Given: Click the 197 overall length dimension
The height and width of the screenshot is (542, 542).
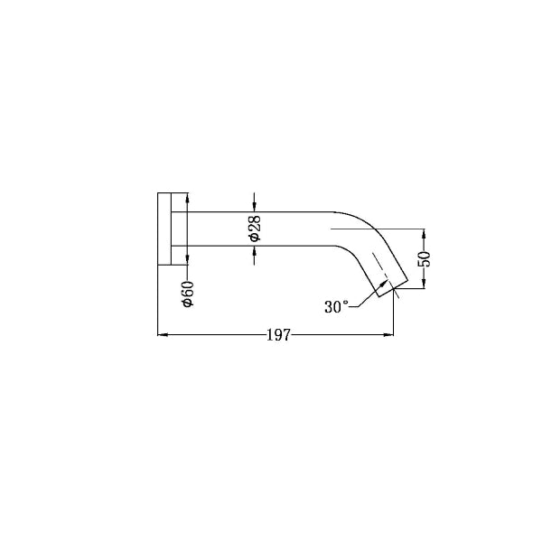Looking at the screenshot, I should point(277,336).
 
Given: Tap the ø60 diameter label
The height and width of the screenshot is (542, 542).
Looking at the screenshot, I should point(188,294).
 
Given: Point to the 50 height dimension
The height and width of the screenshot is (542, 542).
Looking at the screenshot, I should point(425,257).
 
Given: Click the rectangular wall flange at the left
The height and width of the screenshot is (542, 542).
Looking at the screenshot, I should point(166,229).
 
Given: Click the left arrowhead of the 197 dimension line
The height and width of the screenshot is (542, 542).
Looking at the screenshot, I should point(163,336).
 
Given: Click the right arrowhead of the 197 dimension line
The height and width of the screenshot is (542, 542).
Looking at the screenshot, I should point(390,336).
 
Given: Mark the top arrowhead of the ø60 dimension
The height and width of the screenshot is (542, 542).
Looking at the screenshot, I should point(187,197).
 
